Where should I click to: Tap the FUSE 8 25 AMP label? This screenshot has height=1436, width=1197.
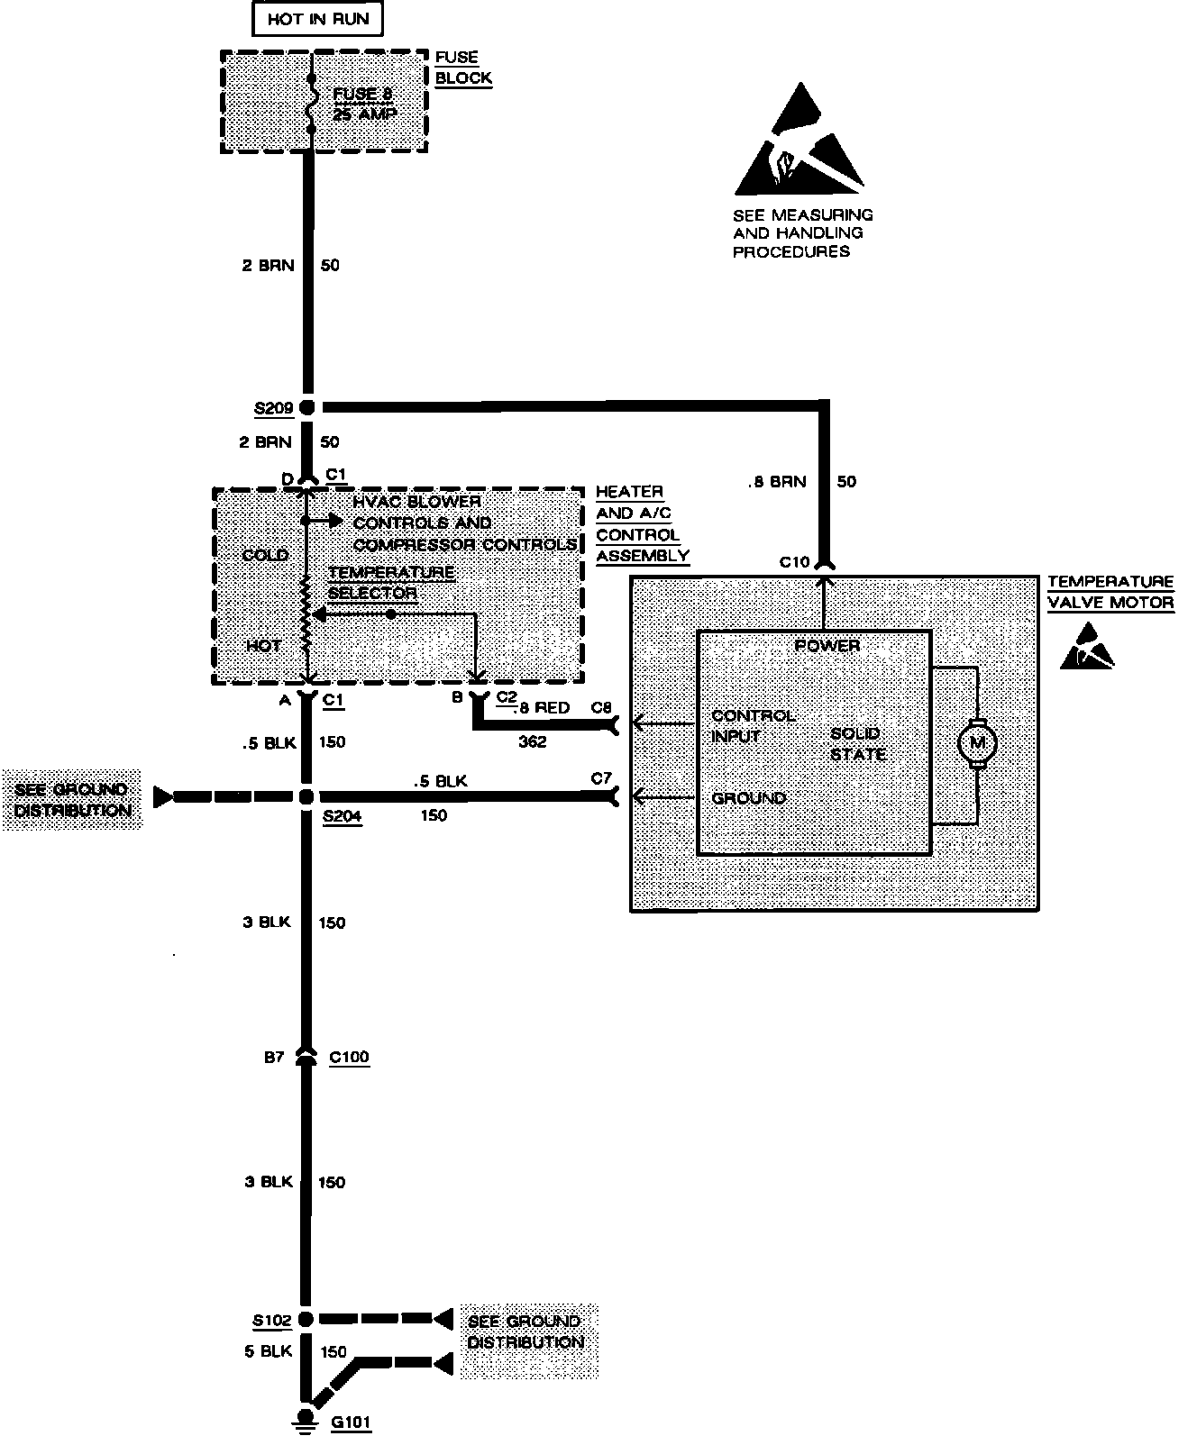[x=365, y=105]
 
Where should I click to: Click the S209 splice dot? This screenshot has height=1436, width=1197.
[x=306, y=408]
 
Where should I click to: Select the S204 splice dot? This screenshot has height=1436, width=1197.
[x=306, y=797]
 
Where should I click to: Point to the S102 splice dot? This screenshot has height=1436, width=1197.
[x=306, y=1320]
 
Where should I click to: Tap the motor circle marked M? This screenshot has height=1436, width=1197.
[x=977, y=744]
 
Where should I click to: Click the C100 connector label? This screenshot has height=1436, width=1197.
[x=349, y=1057]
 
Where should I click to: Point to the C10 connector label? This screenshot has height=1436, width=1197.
[x=794, y=562]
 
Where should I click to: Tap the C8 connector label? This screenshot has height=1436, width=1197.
[x=601, y=708]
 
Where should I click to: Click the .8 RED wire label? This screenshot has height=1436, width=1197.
[x=543, y=708]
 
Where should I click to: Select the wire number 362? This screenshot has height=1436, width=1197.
[x=532, y=742]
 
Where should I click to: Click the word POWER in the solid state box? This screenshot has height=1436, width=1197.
[x=827, y=646]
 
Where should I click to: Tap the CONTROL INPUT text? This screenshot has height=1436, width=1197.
[x=753, y=726]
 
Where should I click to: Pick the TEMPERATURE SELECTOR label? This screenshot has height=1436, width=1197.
[x=390, y=583]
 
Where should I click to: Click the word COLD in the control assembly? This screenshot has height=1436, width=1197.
[x=265, y=555]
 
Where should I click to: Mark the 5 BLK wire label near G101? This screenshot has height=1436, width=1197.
[x=268, y=1351]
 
